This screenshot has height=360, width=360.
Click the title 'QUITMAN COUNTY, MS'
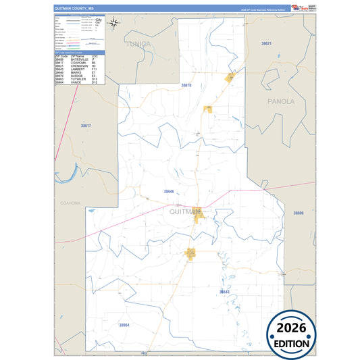pos(70,8)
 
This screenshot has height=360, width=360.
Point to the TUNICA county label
pos(138,44)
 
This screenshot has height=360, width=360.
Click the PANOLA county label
pos(280,101)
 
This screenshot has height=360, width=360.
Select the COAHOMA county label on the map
pos(70,203)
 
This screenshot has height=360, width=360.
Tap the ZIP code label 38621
pos(266,43)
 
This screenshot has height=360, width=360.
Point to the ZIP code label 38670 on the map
pos(186,86)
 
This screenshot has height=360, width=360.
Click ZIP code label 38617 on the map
pos(85,126)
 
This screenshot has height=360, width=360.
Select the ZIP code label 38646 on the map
pos(169,192)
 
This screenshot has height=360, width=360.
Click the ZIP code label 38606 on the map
pos(299,213)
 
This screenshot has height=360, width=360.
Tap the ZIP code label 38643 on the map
pos(225,291)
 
